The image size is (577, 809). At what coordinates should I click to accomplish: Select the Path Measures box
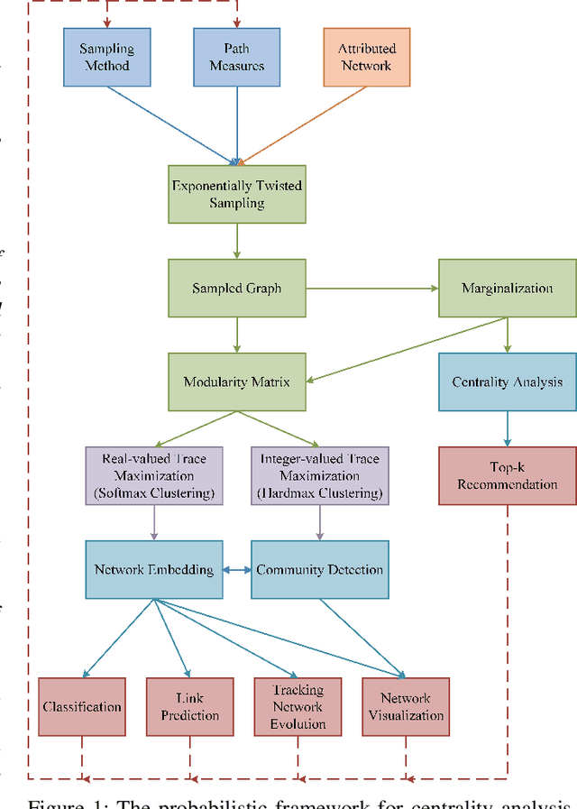[236, 57]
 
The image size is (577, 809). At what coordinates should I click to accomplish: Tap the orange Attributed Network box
[366, 57]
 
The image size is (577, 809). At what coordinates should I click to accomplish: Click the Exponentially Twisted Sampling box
[237, 194]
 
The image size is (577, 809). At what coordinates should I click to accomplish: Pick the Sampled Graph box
[237, 289]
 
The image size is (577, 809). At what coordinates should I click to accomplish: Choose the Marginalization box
[507, 289]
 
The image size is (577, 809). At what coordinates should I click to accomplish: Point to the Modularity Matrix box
[237, 382]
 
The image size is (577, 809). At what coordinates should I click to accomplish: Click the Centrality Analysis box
[507, 382]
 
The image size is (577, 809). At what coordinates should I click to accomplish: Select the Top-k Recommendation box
[507, 475]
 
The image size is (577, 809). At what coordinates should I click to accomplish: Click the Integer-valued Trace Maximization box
[319, 476]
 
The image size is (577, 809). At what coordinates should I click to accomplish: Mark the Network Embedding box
[153, 569]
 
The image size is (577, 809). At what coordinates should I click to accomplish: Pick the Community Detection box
[319, 569]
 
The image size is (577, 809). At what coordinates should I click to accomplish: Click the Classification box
[82, 706]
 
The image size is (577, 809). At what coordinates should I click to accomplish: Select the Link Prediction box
[190, 706]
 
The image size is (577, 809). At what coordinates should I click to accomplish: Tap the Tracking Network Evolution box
[298, 706]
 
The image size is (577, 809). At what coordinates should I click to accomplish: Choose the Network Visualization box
[405, 706]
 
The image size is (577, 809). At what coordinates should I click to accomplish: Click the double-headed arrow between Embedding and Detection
[235, 569]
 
